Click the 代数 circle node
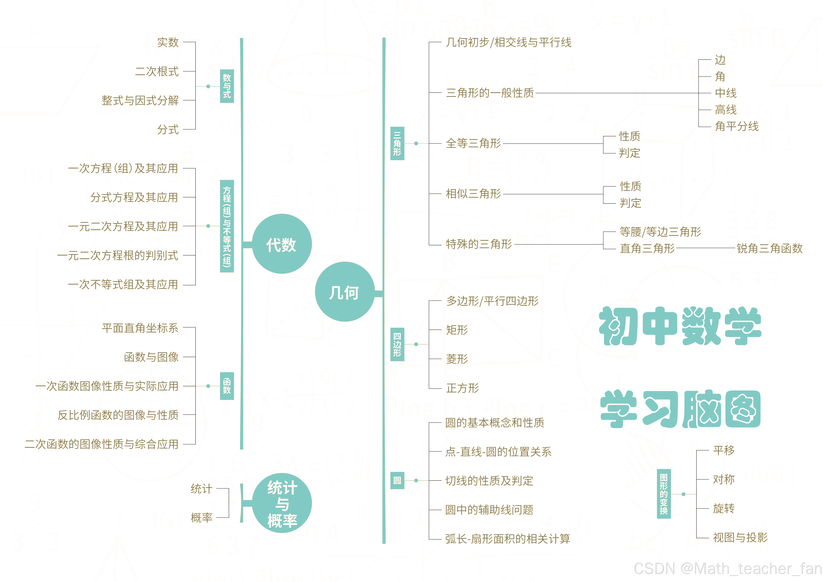coord(282,244)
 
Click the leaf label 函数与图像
coord(151,357)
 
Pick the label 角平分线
coord(737,126)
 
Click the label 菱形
coord(457,359)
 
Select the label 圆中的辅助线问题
coord(489,510)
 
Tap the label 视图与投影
coord(740,537)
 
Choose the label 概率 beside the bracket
coord(202,517)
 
